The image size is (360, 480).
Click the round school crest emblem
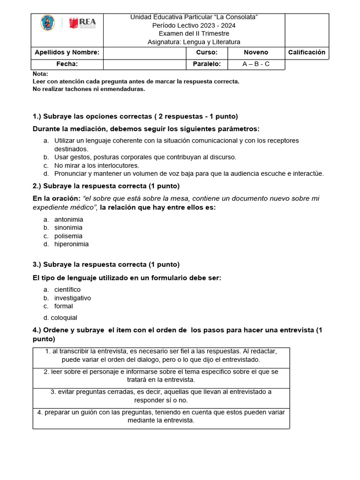48,23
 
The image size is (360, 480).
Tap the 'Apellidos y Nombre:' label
66,52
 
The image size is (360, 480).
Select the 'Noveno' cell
256,52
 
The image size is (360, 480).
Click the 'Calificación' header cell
307,52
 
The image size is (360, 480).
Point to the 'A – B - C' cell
256,65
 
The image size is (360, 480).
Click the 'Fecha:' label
67,65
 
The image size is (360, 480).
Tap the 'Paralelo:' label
207,65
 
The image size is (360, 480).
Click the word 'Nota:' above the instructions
40,74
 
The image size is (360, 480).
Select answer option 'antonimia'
68,219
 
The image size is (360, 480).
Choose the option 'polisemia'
68,236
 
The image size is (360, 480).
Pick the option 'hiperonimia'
71,244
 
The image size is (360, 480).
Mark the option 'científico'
67,290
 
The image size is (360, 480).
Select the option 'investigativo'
72,298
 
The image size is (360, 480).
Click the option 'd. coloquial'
60,318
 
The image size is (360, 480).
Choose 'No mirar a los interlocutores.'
97,165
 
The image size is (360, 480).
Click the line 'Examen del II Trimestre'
194,34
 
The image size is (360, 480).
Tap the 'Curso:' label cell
207,52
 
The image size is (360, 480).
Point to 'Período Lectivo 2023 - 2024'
194,25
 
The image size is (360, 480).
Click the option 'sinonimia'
68,228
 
